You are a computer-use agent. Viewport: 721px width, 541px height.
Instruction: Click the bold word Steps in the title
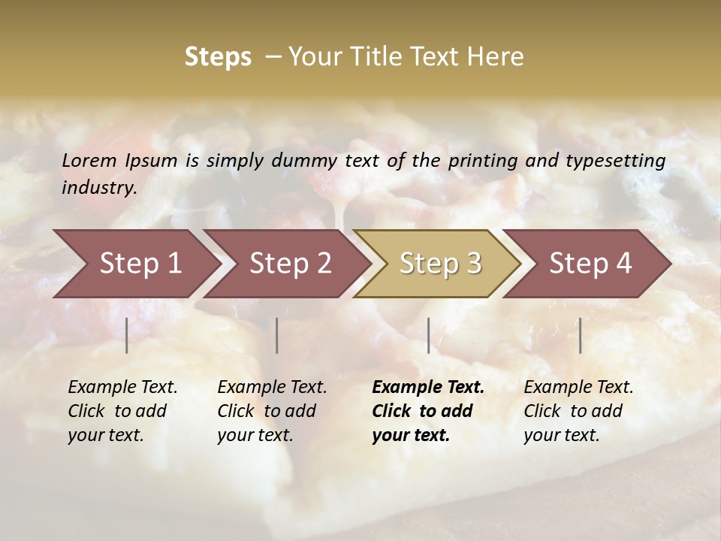click(218, 57)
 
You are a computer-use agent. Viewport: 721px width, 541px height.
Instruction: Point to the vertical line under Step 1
click(127, 335)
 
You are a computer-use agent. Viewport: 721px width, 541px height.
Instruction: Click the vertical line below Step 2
click(277, 335)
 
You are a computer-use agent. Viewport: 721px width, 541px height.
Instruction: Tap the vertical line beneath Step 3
click(429, 335)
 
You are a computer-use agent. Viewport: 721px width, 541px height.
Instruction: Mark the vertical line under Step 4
click(581, 335)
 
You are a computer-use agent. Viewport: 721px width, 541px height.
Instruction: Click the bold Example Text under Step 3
click(427, 411)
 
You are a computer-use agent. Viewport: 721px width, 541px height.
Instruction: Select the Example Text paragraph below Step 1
click(122, 411)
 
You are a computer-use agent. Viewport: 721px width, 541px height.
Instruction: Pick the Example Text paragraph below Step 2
click(272, 411)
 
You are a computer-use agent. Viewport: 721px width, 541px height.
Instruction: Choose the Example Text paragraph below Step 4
click(578, 411)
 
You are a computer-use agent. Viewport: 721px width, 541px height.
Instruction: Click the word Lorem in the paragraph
click(89, 160)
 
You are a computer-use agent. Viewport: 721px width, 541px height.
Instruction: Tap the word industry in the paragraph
click(99, 187)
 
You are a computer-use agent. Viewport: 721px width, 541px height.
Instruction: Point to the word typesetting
click(615, 161)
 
